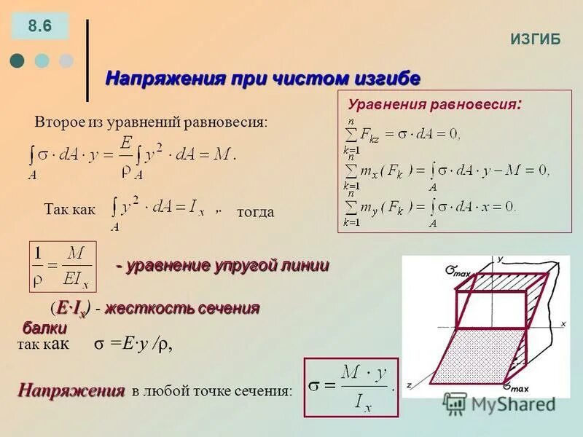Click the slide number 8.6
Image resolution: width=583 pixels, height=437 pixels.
tap(39, 26)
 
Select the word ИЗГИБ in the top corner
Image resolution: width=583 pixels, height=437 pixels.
tap(535, 39)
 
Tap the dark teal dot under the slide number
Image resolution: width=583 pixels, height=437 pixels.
tap(18, 60)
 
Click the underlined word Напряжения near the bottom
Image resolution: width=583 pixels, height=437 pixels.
tap(71, 390)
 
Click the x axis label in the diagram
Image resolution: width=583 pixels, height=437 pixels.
tap(563, 323)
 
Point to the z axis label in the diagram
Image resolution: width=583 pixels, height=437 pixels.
tap(410, 384)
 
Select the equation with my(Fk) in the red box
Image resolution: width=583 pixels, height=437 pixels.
tap(430, 208)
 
